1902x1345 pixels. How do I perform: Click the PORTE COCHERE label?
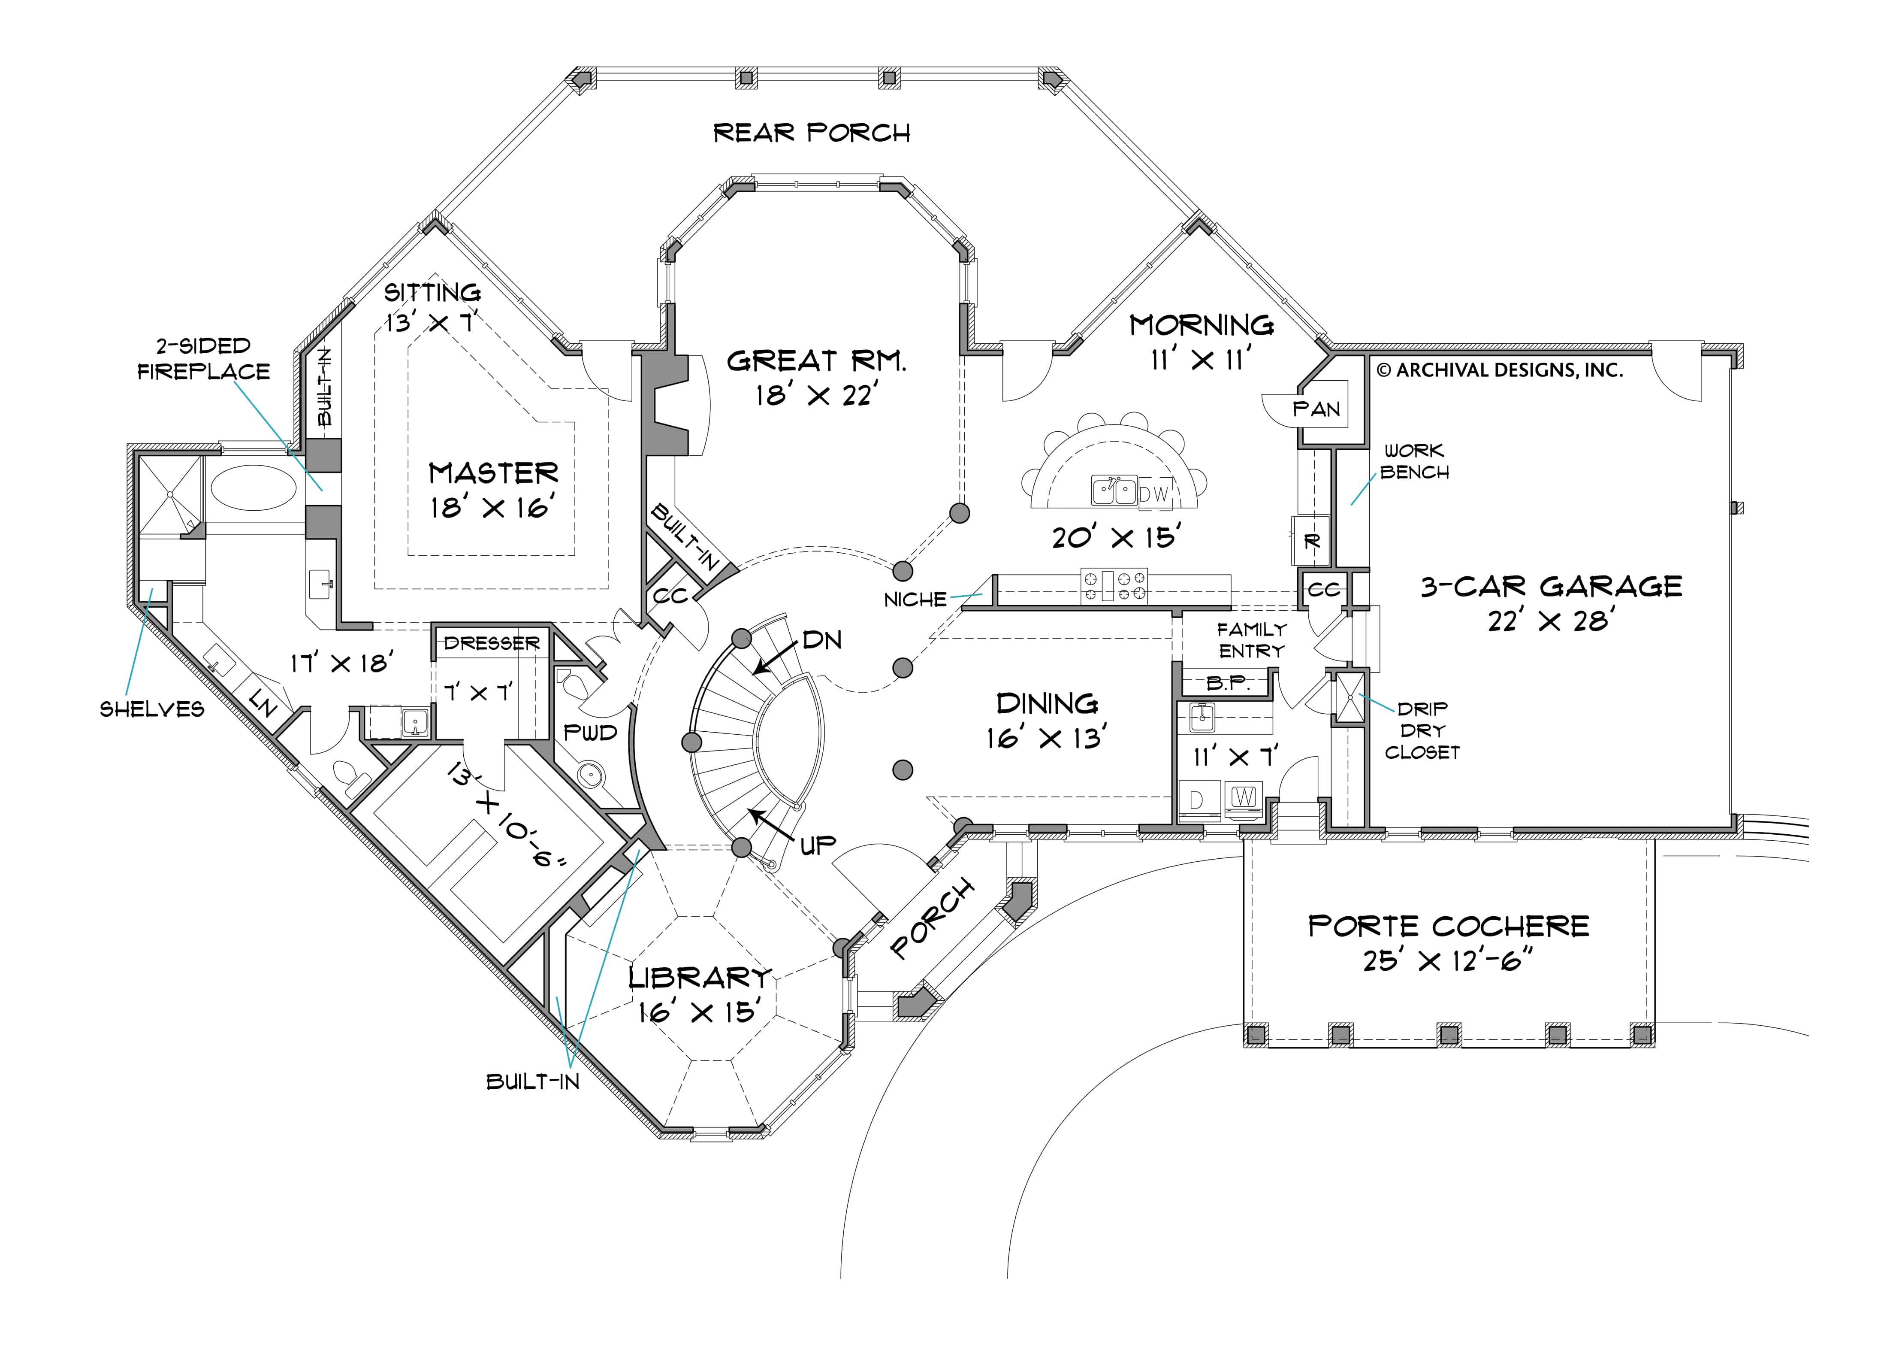(x=1448, y=926)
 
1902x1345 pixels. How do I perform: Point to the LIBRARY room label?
(x=700, y=978)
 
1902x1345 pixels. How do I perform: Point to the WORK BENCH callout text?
(x=1414, y=462)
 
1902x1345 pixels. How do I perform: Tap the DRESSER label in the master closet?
(x=491, y=643)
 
